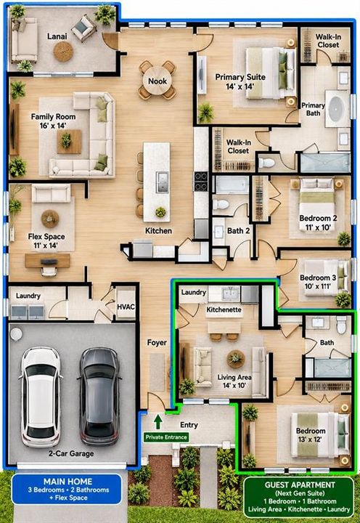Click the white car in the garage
click(41, 397)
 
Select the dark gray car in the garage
click(99, 397)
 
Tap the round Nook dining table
click(157, 81)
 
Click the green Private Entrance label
click(166, 437)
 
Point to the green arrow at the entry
click(158, 421)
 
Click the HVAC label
click(126, 307)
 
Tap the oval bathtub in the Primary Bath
click(338, 109)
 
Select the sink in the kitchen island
click(162, 182)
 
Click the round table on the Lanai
click(63, 52)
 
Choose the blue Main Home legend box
click(67, 489)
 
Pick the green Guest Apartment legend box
click(299, 497)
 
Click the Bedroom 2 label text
click(318, 219)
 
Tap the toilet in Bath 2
click(221, 204)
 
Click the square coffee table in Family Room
click(69, 142)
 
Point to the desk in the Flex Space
click(47, 261)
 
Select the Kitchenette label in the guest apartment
click(224, 309)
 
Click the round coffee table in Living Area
click(236, 359)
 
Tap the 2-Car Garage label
click(71, 453)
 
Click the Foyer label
click(157, 343)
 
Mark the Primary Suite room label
click(240, 77)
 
